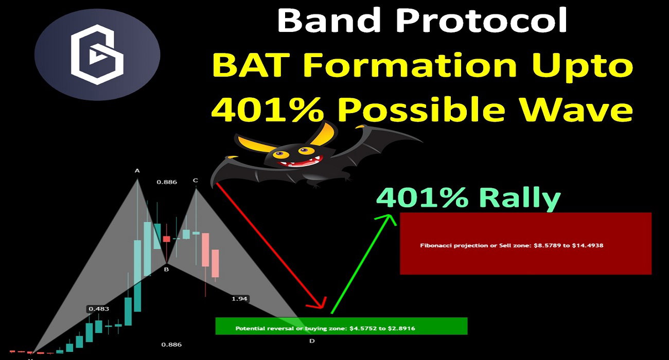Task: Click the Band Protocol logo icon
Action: pyautogui.click(x=97, y=55)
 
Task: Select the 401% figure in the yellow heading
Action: pyautogui.click(x=268, y=110)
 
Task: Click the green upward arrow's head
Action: pyautogui.click(x=386, y=220)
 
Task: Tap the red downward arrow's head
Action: pyautogui.click(x=318, y=304)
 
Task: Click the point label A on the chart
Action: pyautogui.click(x=137, y=171)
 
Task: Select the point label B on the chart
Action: pyautogui.click(x=166, y=269)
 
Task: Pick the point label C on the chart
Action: pyautogui.click(x=196, y=181)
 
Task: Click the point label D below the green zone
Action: pyautogui.click(x=312, y=341)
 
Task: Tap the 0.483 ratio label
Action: pyautogui.click(x=99, y=309)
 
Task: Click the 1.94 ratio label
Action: pyautogui.click(x=240, y=298)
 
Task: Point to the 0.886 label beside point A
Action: pyautogui.click(x=167, y=182)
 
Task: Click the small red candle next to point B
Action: pyautogui.click(x=166, y=239)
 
